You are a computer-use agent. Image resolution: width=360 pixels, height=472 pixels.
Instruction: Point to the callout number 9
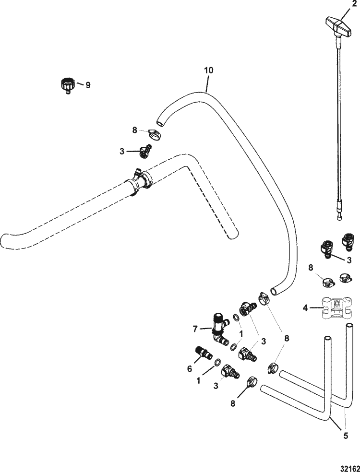click(87, 85)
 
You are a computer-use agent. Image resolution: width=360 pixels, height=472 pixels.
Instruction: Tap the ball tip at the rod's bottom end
click(339, 216)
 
